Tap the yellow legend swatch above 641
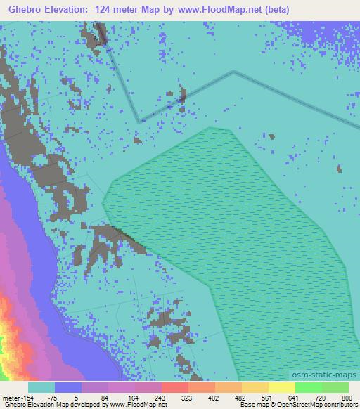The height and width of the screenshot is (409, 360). tap(281, 387)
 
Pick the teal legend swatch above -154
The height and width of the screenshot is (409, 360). tap(41, 387)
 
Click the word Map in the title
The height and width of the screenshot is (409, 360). tap(150, 8)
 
